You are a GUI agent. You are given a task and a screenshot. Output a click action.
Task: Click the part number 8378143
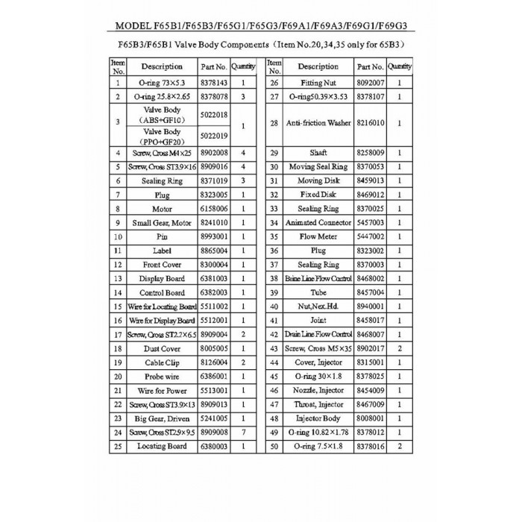pyautogui.click(x=213, y=83)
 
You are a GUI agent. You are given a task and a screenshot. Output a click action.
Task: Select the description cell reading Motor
pyautogui.click(x=162, y=209)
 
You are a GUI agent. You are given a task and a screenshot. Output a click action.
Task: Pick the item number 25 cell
pyautogui.click(x=118, y=446)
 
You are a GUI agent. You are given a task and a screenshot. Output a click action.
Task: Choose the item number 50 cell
pyautogui.click(x=274, y=446)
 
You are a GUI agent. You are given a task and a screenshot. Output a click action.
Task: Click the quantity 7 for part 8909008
pyautogui.click(x=244, y=432)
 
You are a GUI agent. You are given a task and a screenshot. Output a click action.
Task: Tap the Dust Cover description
pyautogui.click(x=162, y=348)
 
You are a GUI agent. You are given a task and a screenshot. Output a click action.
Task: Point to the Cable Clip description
pyautogui.click(x=162, y=362)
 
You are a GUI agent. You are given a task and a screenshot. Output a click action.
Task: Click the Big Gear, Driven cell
pyautogui.click(x=162, y=418)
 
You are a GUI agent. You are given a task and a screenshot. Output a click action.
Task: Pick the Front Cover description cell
pyautogui.click(x=162, y=265)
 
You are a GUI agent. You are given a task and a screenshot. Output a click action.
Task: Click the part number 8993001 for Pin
pyautogui.click(x=213, y=236)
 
